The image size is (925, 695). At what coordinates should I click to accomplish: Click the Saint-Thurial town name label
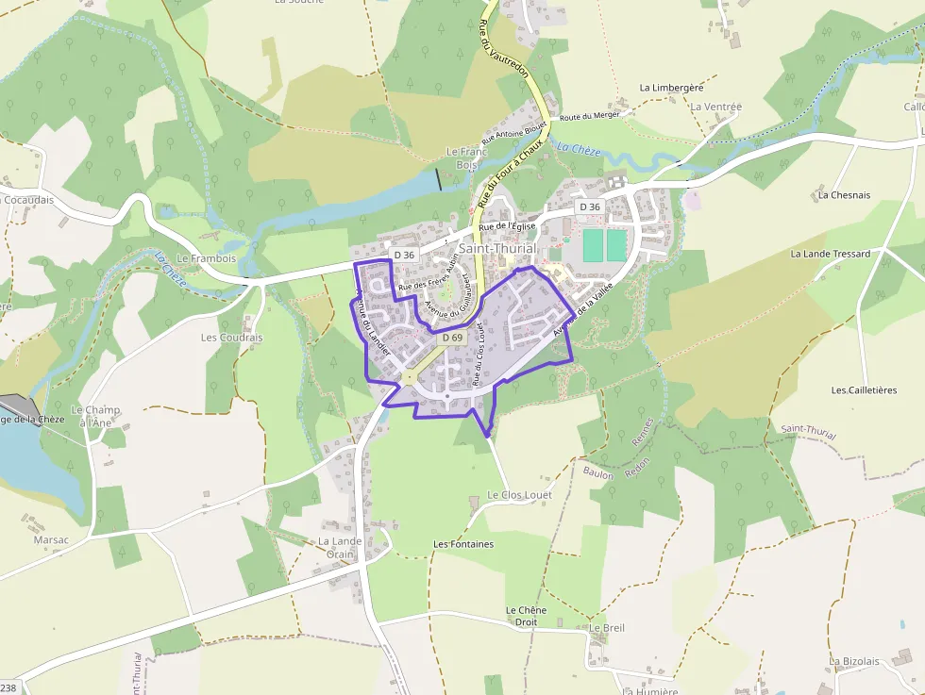[x=497, y=248]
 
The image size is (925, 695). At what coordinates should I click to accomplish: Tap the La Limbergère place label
[x=671, y=88]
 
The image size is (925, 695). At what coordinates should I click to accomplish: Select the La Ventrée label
[x=715, y=108]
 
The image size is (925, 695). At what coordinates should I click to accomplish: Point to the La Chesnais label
[x=844, y=195]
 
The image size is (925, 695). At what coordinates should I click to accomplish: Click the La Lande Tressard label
[x=830, y=254]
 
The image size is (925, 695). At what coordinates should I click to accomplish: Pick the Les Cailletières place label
[x=864, y=389]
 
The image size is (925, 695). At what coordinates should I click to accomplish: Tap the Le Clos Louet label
[x=519, y=494]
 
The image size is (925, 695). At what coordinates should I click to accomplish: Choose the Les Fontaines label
[x=462, y=544]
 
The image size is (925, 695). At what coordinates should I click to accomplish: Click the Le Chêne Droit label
[x=526, y=616]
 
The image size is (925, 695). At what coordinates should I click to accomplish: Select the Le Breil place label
[x=607, y=627]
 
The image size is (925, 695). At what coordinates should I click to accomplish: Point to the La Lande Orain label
[x=340, y=548]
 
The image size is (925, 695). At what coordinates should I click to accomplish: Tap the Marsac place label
[x=51, y=540]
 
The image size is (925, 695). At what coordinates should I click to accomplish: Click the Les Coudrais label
[x=231, y=337]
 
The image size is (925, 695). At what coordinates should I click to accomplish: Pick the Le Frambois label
[x=206, y=257]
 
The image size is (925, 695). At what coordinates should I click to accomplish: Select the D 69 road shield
[x=451, y=338]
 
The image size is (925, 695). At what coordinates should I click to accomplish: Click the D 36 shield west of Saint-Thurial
[x=404, y=255]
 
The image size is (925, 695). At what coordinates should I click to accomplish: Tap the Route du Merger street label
[x=590, y=115]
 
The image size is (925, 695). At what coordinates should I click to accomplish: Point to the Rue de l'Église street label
[x=507, y=226]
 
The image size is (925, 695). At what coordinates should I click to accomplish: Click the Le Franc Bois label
[x=466, y=157]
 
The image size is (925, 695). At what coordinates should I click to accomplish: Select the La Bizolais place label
[x=854, y=661]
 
